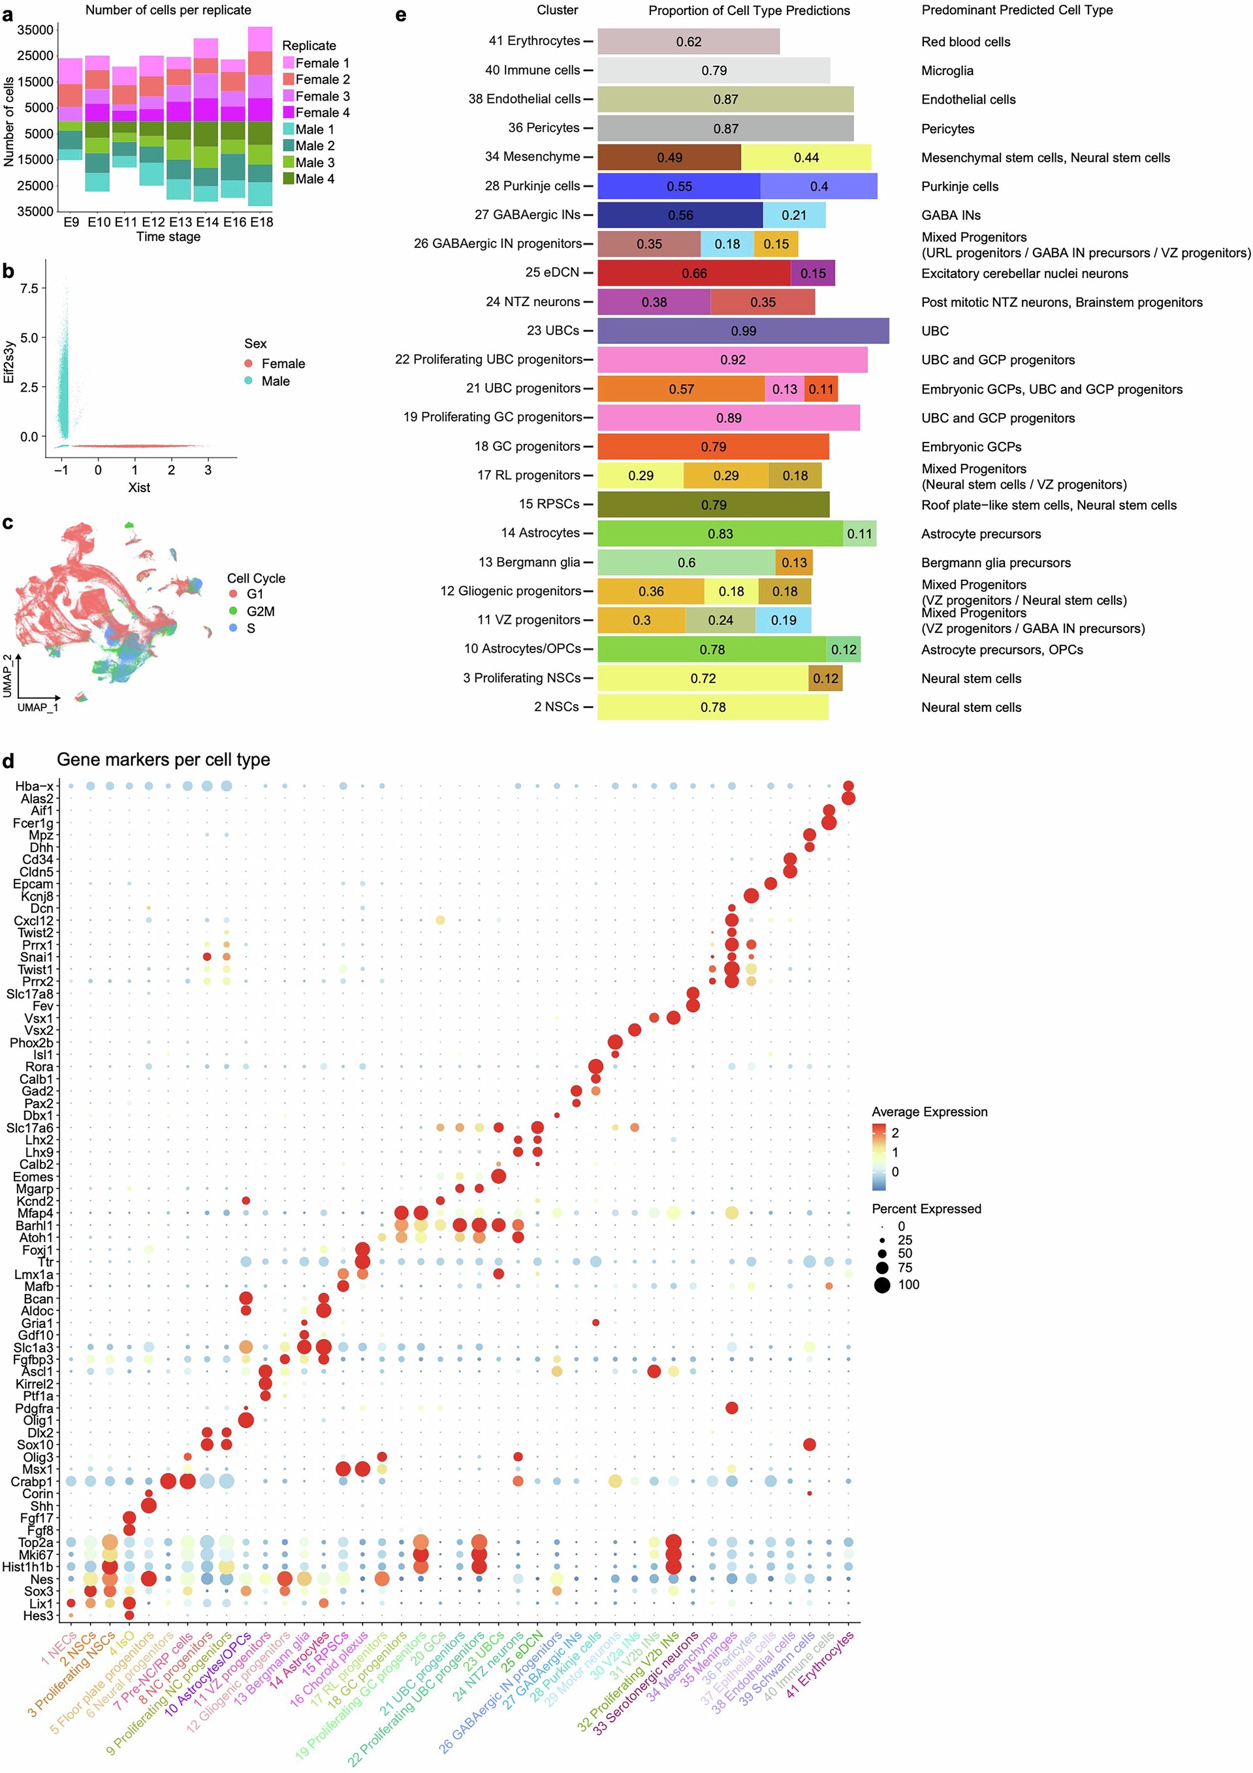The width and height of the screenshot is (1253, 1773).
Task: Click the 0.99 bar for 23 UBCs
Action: [742, 330]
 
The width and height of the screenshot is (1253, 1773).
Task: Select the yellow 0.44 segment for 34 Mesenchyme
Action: [806, 157]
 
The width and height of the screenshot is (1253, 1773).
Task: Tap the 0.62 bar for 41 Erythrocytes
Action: [688, 42]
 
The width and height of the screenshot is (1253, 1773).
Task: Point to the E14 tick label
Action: [207, 222]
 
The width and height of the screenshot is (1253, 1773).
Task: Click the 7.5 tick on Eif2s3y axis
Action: [29, 288]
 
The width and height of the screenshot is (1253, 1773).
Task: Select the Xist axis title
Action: [139, 487]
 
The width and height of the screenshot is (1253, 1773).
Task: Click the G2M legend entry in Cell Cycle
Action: [260, 611]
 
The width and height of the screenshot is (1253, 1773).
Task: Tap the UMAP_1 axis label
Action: [38, 707]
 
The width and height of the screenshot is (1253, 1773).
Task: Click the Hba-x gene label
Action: [34, 786]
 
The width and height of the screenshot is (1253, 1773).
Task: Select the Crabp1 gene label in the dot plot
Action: [32, 1481]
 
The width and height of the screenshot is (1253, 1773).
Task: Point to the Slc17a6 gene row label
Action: [29, 1128]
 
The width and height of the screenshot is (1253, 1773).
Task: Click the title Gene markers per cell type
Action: [163, 759]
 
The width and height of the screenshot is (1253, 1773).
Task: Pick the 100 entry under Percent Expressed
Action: [908, 1284]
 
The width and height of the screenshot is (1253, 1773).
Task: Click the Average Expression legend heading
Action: [928, 1111]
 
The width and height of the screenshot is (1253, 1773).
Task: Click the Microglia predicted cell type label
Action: [946, 70]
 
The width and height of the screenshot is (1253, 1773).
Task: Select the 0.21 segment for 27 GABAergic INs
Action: [793, 215]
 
